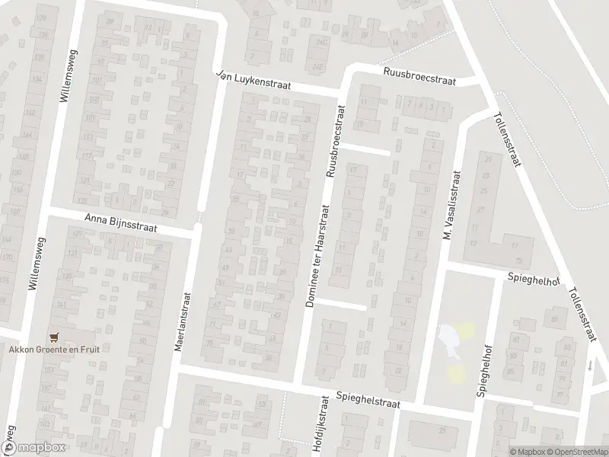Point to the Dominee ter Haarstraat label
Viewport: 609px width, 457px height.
pyautogui.click(x=316, y=255)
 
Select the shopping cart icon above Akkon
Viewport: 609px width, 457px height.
pyautogui.click(x=53, y=336)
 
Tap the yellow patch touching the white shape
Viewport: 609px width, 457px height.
pyautogui.click(x=466, y=330)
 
